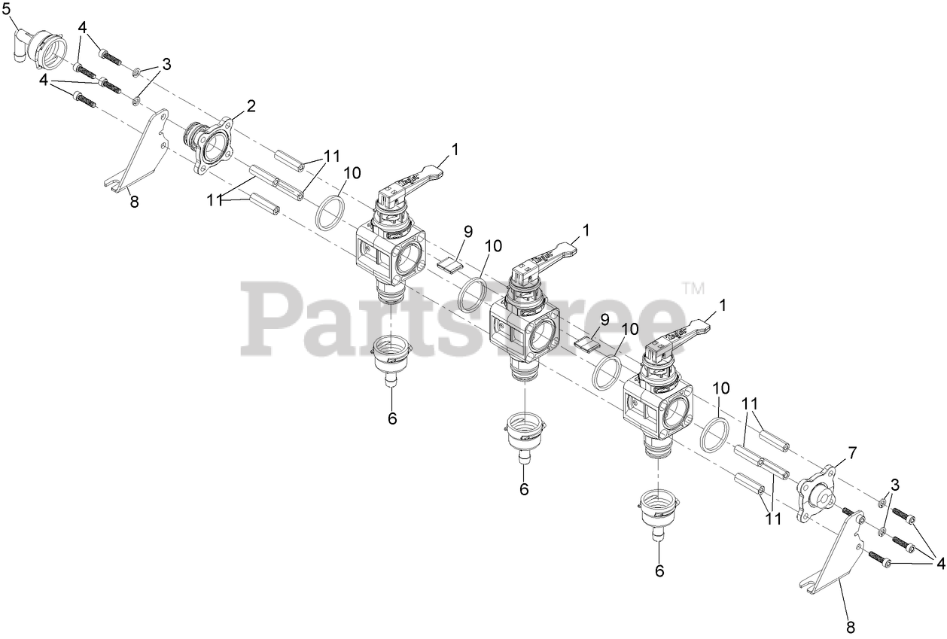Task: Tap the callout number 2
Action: pos(251,105)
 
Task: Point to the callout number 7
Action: pos(852,452)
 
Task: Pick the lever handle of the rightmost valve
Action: pos(684,332)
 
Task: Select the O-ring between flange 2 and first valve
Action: pos(329,213)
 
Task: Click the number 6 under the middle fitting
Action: pos(524,489)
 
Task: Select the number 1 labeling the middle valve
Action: pos(586,228)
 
